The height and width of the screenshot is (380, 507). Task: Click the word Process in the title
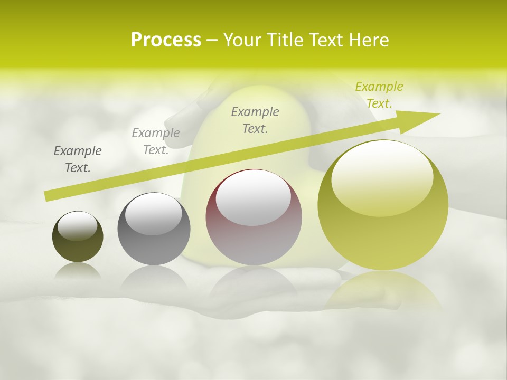[166, 40]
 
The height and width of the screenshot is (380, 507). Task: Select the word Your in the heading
[242, 40]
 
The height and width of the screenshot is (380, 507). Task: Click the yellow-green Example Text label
[379, 95]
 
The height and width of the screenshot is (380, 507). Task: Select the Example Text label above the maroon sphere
[255, 120]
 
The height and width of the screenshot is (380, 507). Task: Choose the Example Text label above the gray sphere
[156, 141]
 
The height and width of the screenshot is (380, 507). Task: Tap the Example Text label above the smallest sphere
[78, 159]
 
